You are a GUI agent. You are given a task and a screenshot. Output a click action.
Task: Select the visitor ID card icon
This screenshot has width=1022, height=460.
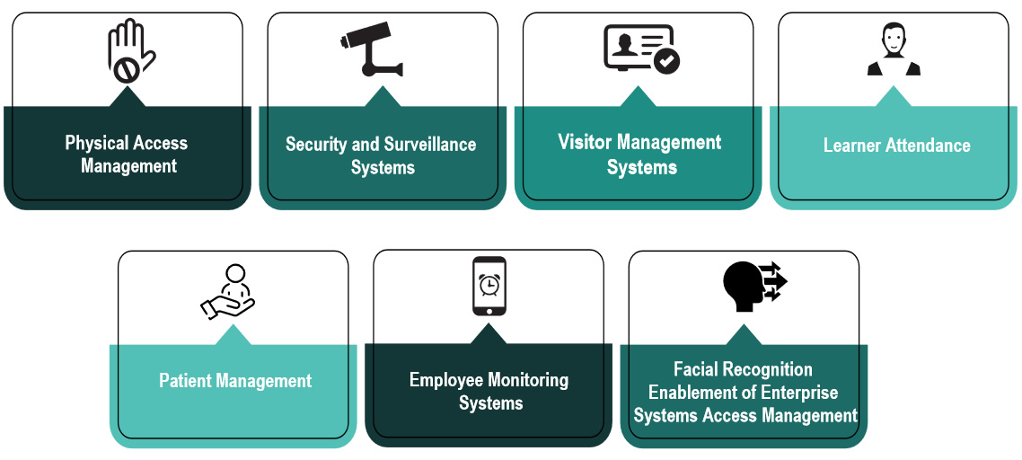(640, 49)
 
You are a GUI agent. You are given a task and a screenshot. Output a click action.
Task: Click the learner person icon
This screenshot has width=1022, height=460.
(894, 50)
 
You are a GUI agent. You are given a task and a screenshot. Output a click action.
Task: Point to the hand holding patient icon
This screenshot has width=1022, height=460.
(228, 291)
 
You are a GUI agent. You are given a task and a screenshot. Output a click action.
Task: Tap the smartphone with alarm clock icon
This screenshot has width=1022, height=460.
(489, 287)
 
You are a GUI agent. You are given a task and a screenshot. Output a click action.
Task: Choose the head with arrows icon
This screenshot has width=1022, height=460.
(753, 286)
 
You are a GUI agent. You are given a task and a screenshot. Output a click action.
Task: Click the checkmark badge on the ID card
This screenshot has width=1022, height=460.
(666, 61)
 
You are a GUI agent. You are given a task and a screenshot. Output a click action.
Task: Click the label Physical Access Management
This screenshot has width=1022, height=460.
(127, 155)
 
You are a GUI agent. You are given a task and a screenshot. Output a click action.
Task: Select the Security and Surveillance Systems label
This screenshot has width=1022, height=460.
(382, 155)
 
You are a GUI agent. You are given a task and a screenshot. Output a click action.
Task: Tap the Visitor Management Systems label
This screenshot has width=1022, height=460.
(639, 155)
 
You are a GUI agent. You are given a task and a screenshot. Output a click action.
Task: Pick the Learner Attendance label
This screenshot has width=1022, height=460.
(896, 146)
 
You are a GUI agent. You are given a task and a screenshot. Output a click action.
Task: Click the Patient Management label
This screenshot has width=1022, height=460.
(235, 381)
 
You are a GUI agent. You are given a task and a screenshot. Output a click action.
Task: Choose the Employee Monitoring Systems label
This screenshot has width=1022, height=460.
(489, 391)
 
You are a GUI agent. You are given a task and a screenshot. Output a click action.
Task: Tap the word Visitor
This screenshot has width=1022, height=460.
(586, 143)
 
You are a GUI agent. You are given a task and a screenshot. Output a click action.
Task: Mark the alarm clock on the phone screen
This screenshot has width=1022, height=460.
(489, 284)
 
